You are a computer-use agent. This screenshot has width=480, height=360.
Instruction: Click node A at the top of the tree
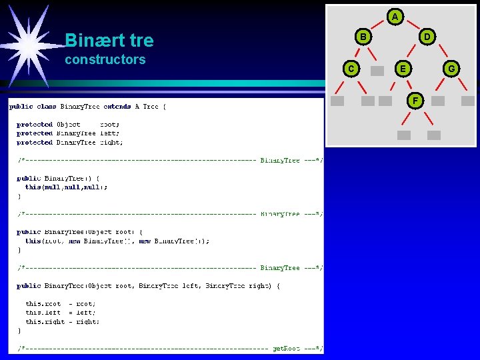pos(395,16)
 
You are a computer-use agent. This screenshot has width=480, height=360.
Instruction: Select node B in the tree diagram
pos(363,37)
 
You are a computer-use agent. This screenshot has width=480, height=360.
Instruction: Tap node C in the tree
pos(351,68)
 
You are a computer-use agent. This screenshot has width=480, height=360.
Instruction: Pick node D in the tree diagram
pos(427,37)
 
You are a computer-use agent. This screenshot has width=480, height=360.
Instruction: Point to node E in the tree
pos(402,68)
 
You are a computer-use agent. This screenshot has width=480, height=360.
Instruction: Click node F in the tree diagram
pos(415,101)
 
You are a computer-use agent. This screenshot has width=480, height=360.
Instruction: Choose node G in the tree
pos(451,68)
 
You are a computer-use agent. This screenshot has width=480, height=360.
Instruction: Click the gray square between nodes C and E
pos(377,71)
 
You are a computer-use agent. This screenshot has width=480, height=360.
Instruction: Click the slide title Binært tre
pos(109,41)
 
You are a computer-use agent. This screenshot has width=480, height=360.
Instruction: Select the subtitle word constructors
pos(105,59)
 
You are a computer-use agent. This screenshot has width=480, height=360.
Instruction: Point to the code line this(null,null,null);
pos(67,187)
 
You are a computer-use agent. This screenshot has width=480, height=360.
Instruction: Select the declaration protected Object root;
pos(69,125)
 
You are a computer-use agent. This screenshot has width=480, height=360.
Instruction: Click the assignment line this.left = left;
pos(61,312)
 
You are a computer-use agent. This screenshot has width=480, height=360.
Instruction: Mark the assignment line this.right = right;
pos(63,321)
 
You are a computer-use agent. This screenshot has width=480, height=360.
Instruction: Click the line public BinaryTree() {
pos(59,178)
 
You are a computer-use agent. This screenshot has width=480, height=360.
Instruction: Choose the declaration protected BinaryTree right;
pos(70,143)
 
